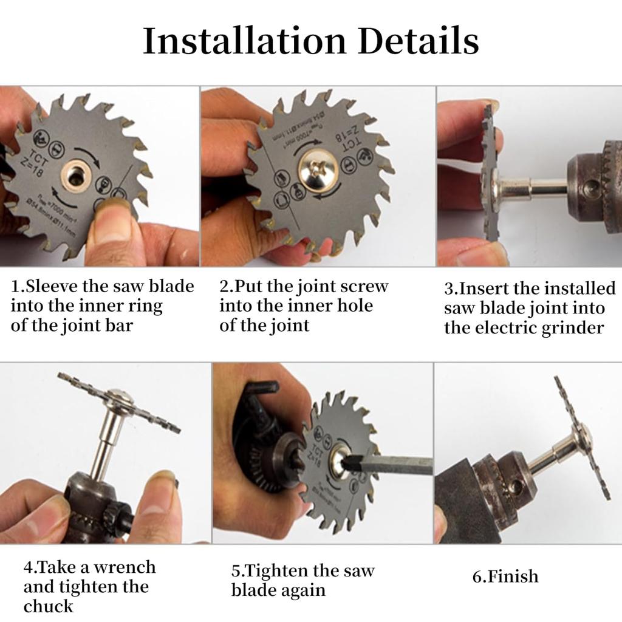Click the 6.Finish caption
coord(505,576)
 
